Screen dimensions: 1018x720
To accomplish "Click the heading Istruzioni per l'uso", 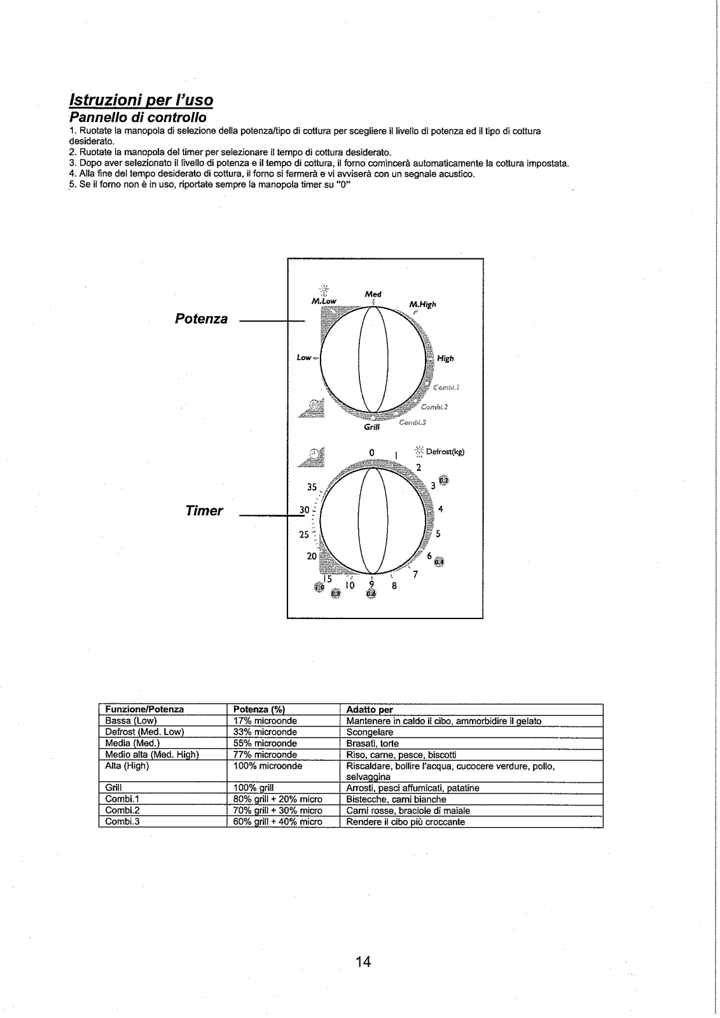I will pos(141,101).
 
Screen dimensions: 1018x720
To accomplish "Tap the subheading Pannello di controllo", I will pos(137,118).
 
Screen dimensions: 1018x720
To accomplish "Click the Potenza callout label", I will pos(201,319).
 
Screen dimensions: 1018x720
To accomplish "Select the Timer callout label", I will pos(204,511).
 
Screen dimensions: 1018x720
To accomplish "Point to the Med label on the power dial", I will pos(373,295).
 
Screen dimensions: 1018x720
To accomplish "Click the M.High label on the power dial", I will pos(422,304).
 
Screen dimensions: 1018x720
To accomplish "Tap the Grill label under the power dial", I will pos(371,428).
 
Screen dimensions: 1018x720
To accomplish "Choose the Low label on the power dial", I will pos(304,358).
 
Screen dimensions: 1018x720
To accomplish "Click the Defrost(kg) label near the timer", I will pos(445,452).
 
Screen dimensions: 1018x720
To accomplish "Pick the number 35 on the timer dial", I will pos(312,487).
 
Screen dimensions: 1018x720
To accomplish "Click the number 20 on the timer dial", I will pos(312,556).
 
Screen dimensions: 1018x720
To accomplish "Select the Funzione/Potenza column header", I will pos(144,709).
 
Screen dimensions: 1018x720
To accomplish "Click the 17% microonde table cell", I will pos(265,721).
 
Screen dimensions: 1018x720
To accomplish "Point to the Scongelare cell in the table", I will pos(370,732).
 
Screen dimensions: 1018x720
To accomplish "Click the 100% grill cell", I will pos(254,788).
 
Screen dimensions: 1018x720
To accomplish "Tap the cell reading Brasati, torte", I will pos(372,743).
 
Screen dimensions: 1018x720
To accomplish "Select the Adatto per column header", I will pos(370,709).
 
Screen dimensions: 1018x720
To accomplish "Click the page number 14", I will pos(363,961).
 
